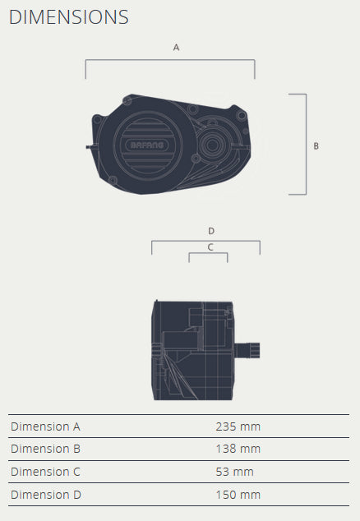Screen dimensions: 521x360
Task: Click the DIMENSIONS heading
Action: (69, 17)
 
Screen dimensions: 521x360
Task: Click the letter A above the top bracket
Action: (176, 48)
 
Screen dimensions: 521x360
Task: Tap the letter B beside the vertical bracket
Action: (316, 146)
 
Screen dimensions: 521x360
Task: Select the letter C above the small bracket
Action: (210, 247)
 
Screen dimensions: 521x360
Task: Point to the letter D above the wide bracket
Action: (211, 231)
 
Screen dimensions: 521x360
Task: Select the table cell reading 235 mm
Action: (238, 426)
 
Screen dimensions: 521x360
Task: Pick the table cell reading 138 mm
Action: (238, 449)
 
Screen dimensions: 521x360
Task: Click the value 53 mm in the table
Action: (234, 472)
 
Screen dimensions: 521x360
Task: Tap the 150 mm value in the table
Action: (238, 495)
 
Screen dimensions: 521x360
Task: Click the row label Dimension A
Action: (45, 426)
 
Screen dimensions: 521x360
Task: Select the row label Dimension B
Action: (45, 449)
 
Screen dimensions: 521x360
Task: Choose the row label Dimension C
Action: (45, 472)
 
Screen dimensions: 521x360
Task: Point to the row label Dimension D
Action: (45, 495)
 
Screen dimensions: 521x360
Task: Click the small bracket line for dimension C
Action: (208, 254)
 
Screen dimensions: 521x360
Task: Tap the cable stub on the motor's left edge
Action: (88, 147)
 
